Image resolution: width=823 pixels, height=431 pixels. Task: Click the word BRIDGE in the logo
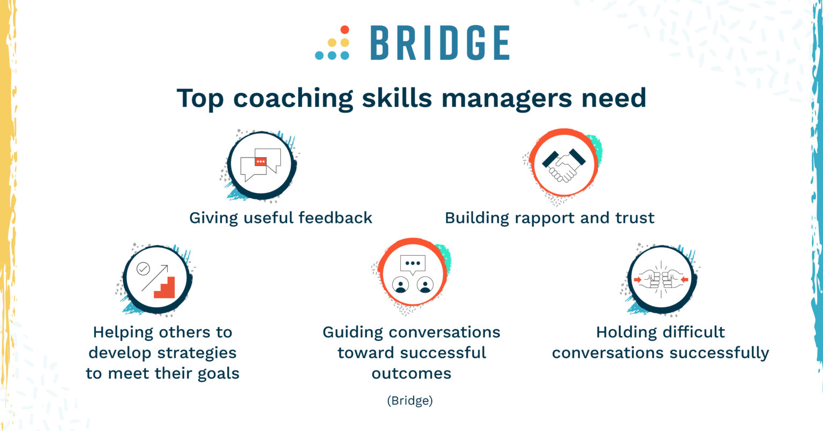tap(439, 43)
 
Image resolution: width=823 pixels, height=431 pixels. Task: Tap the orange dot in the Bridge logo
tap(345, 30)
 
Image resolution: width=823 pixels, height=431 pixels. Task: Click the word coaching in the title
tap(293, 99)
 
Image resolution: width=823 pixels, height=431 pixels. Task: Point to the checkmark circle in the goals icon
tap(143, 269)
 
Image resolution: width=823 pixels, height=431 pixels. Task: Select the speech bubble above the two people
tap(412, 264)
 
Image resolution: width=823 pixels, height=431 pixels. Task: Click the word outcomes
tap(411, 373)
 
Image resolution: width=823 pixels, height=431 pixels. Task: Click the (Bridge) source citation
tap(410, 400)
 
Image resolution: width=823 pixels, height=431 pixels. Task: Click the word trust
tap(635, 218)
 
